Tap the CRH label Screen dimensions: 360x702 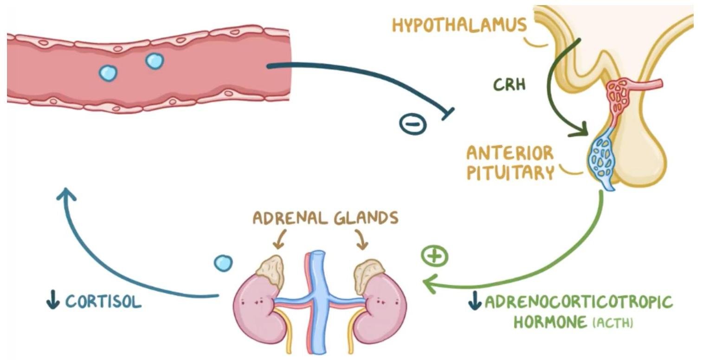click(509, 85)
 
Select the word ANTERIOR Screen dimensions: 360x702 click(510, 153)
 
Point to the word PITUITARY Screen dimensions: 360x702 click(510, 173)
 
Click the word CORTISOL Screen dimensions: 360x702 click(103, 302)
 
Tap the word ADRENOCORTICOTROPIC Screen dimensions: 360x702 click(578, 303)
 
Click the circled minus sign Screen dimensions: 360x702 click(412, 124)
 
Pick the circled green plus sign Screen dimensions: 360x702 click(434, 257)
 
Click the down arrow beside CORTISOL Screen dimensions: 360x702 click(53, 302)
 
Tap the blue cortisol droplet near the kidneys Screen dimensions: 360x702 click(223, 263)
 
